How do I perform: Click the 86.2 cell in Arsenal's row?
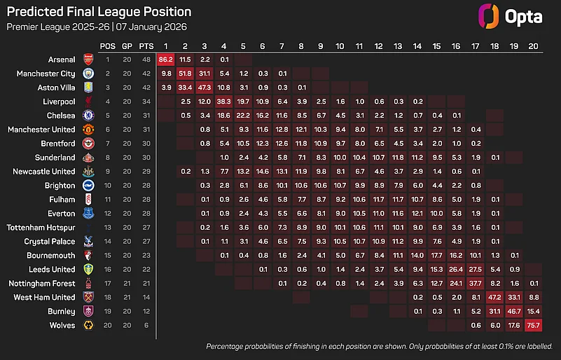click(167, 59)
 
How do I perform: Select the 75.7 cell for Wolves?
click(533, 326)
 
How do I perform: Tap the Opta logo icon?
click(487, 16)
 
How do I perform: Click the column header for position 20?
click(533, 46)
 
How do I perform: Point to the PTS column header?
click(146, 46)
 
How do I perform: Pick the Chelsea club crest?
click(88, 115)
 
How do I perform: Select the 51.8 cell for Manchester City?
click(186, 73)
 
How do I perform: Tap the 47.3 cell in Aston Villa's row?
click(205, 87)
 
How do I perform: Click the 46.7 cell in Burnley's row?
click(513, 312)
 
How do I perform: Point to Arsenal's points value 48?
click(146, 59)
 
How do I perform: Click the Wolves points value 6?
click(146, 326)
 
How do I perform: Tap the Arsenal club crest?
click(88, 59)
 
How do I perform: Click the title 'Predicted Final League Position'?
click(98, 12)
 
